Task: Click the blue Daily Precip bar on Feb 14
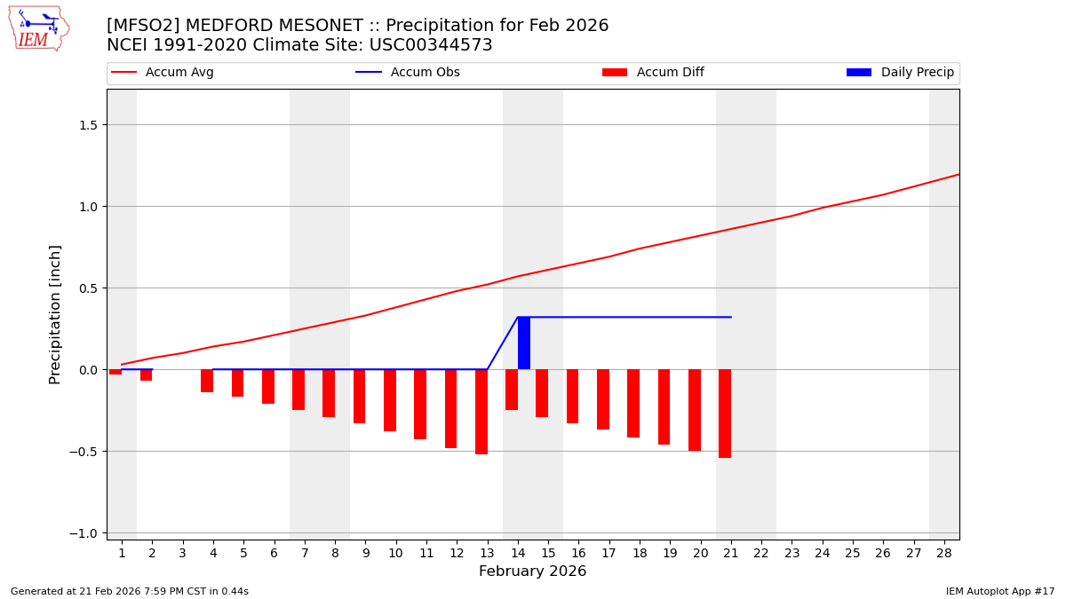(x=524, y=343)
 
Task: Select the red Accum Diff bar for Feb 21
(x=725, y=414)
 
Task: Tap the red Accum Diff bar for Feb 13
(x=481, y=412)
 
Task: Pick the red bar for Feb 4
(x=207, y=381)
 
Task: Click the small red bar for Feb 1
(x=115, y=372)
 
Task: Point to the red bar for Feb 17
(x=603, y=399)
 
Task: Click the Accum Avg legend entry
(x=163, y=73)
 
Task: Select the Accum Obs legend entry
(x=409, y=73)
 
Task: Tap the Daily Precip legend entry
(x=901, y=73)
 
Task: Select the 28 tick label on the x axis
(x=944, y=553)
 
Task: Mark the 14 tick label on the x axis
(x=518, y=553)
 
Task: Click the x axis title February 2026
(x=532, y=571)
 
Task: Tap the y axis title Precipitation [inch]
(x=55, y=314)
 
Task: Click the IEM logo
(x=38, y=28)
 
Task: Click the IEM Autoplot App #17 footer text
(x=999, y=591)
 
